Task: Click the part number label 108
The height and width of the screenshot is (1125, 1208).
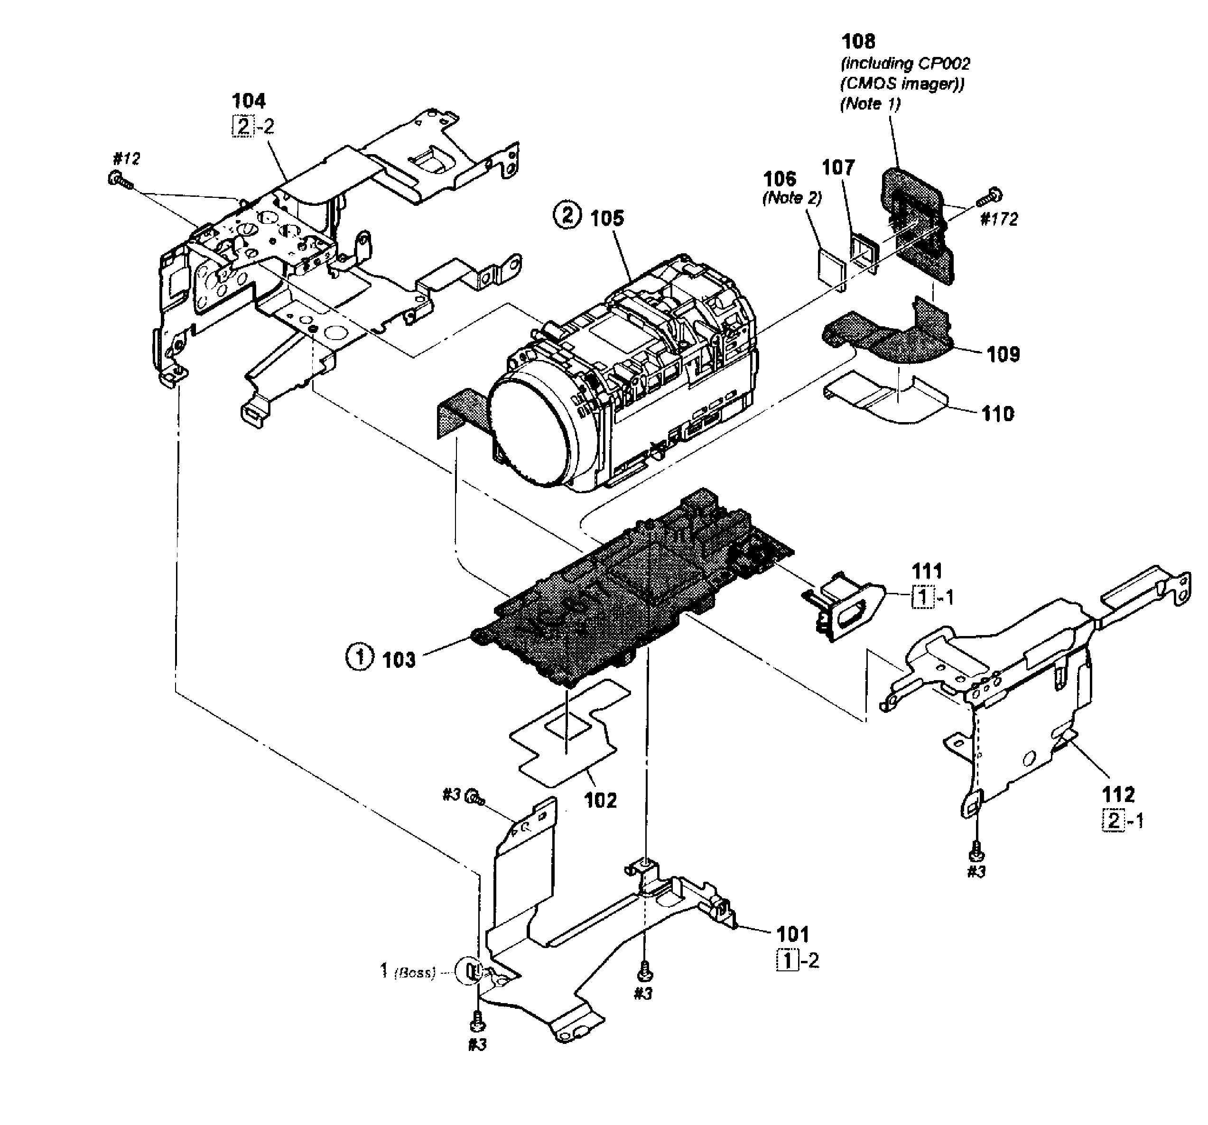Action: [858, 41]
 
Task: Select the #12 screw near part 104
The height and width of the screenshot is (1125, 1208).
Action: [117, 180]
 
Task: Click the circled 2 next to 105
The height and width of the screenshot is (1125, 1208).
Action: [567, 216]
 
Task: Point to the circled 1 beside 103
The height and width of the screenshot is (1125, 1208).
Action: [359, 657]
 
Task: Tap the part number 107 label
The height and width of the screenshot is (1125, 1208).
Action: [838, 167]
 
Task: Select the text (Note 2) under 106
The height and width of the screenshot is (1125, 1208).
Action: [792, 198]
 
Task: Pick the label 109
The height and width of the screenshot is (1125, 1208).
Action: [1003, 354]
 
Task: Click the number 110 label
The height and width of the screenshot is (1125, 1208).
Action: [998, 414]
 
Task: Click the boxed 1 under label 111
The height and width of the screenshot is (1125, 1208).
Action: [922, 598]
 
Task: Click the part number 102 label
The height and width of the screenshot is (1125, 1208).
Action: [600, 800]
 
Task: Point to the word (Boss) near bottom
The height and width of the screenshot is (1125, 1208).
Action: [415, 973]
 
